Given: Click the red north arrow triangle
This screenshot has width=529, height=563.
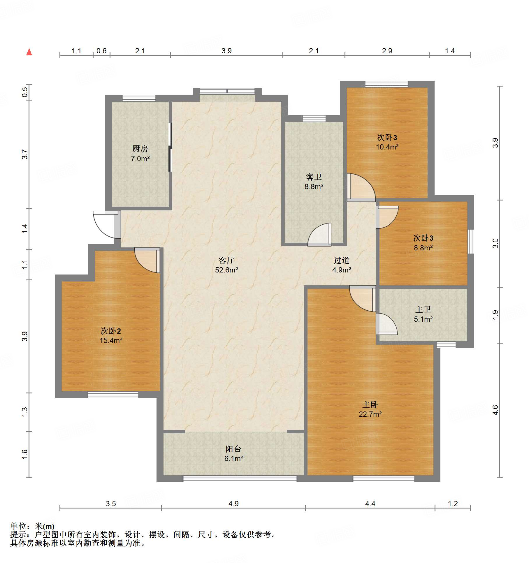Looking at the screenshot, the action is click(29, 52).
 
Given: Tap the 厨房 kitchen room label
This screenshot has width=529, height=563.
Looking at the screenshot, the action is click(140, 149).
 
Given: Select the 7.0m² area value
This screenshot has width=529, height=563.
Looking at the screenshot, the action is click(140, 159).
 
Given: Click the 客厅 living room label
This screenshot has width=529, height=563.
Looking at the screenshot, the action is click(226, 260).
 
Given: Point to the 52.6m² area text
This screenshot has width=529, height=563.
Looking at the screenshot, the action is click(226, 270).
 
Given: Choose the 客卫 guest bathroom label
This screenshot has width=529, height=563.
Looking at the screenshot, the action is click(314, 177).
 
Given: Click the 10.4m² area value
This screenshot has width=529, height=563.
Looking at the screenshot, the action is click(387, 147).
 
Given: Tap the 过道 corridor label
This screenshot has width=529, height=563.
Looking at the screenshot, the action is click(342, 260).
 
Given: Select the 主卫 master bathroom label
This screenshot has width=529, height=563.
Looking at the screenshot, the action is click(423, 309).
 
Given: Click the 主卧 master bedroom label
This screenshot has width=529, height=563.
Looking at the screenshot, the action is click(370, 404).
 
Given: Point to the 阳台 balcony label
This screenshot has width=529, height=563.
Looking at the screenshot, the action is click(233, 449).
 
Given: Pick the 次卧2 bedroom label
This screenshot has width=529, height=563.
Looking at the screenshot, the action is click(111, 331).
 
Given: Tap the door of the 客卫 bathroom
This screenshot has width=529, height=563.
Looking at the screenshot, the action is click(319, 234).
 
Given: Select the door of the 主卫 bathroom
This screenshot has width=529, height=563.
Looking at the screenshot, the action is click(386, 324).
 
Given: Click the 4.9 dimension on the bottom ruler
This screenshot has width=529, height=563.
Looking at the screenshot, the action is click(233, 504).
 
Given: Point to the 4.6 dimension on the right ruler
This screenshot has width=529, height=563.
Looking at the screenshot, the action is click(495, 410).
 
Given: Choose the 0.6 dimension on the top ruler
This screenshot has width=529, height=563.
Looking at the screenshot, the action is click(101, 51).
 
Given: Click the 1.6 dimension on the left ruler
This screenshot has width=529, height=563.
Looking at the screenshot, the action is click(25, 454).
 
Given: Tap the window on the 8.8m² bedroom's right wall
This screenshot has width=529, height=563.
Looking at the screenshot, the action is click(471, 242).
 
